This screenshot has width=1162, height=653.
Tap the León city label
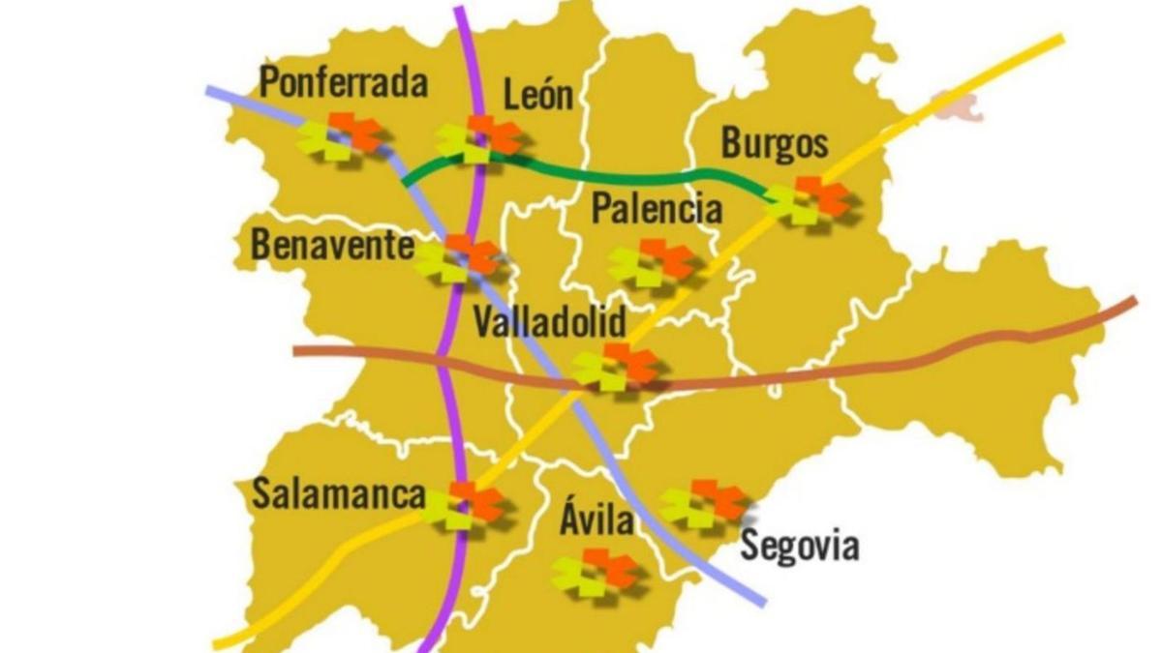tap(538, 95)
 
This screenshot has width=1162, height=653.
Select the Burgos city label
tap(775, 144)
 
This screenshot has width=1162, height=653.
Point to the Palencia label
tap(657, 208)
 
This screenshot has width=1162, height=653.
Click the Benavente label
tap(332, 245)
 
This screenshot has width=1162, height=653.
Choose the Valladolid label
tap(549, 322)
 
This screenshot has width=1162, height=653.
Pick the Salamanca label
tap(338, 494)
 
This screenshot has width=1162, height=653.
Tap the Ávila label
tap(596, 521)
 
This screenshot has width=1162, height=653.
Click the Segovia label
tap(799, 546)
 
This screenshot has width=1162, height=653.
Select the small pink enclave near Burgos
tap(958, 105)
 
